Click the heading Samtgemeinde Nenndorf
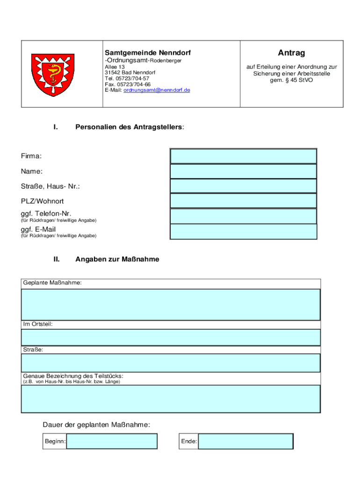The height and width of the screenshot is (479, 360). [147, 53]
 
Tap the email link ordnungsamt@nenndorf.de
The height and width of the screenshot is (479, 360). [157, 90]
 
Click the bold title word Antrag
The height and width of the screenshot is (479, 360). [291, 53]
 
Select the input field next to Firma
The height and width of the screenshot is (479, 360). [243, 156]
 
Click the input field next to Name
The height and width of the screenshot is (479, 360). [243, 171]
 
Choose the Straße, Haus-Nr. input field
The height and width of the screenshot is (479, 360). [243, 186]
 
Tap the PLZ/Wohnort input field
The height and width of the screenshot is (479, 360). [243, 201]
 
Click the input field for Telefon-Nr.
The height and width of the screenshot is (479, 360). [243, 216]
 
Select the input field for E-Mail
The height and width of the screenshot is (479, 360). [243, 232]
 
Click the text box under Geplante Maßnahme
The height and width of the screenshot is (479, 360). [171, 305]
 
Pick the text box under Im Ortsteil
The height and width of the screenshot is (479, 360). [171, 337]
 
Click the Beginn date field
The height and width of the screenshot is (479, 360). [112, 441]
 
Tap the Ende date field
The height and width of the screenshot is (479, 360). [245, 441]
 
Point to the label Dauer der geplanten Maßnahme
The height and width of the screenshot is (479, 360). [97, 425]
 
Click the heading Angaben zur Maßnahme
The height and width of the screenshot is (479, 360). [117, 259]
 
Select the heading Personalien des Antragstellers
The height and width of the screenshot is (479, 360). [130, 127]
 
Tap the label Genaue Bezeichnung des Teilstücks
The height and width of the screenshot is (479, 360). [73, 376]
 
